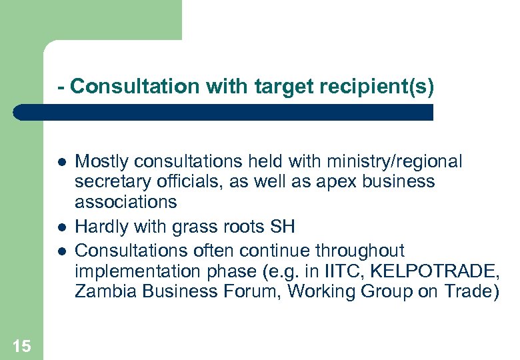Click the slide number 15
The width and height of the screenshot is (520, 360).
coord(21,345)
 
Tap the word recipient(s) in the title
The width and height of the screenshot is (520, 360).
coord(377,86)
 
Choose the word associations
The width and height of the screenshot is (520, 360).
coord(125,201)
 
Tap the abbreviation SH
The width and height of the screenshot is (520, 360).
coord(282,227)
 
